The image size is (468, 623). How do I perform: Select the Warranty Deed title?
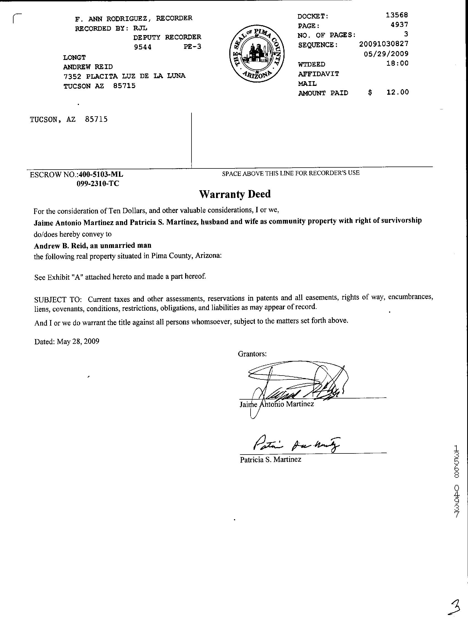click(235, 194)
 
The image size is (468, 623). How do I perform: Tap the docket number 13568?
click(397, 15)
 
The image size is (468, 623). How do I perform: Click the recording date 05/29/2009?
click(386, 54)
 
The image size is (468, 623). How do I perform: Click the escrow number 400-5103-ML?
click(101, 174)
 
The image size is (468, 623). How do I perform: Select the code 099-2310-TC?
click(98, 184)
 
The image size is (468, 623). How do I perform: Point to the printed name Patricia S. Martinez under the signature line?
click(270, 460)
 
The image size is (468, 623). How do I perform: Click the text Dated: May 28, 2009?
click(67, 342)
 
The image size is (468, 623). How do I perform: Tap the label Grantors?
click(252, 354)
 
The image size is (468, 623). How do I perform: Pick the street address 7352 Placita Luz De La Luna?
click(124, 76)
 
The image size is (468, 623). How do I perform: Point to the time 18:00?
click(397, 63)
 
